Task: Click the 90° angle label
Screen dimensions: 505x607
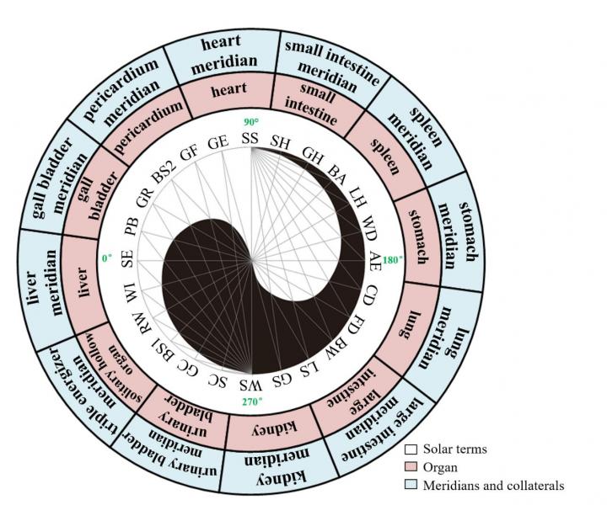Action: (x=250, y=122)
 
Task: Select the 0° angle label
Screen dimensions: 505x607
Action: (x=107, y=259)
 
